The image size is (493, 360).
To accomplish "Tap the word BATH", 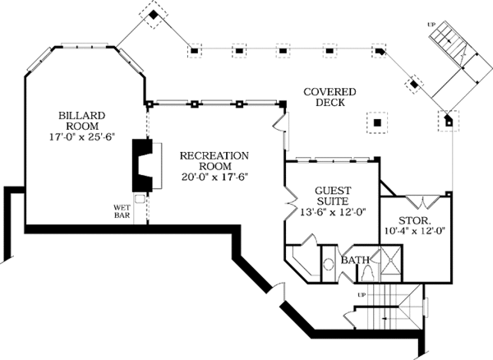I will pos(356,261).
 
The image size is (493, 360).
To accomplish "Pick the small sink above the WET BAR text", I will pos(139,198).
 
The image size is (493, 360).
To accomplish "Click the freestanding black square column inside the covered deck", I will pos(376,122).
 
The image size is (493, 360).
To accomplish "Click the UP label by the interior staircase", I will pos(362,293).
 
